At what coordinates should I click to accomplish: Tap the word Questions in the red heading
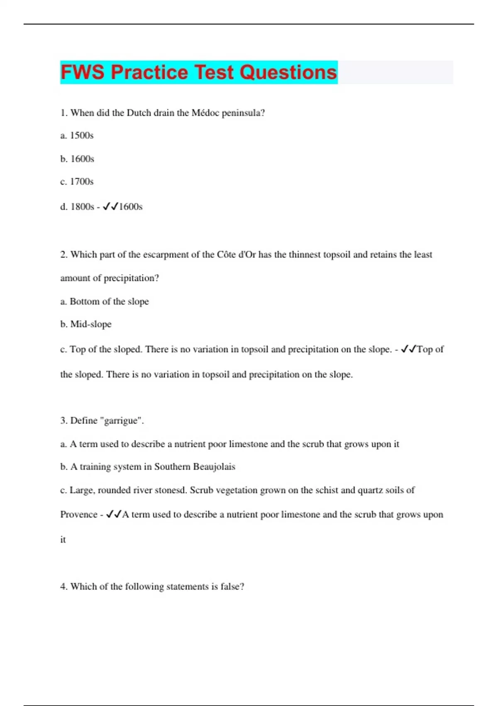click(x=288, y=72)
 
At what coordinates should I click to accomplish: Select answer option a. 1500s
click(x=77, y=135)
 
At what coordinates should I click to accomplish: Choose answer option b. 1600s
click(x=77, y=159)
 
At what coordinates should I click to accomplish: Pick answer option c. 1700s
click(x=77, y=181)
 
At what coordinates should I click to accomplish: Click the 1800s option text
click(x=82, y=206)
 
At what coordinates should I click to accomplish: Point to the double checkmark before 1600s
click(x=110, y=206)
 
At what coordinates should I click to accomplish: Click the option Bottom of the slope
click(x=109, y=301)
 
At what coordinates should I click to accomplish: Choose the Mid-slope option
click(x=90, y=324)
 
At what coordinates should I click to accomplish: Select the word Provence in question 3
click(x=78, y=515)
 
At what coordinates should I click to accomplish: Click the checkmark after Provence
click(x=113, y=514)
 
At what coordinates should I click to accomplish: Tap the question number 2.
click(x=63, y=255)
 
